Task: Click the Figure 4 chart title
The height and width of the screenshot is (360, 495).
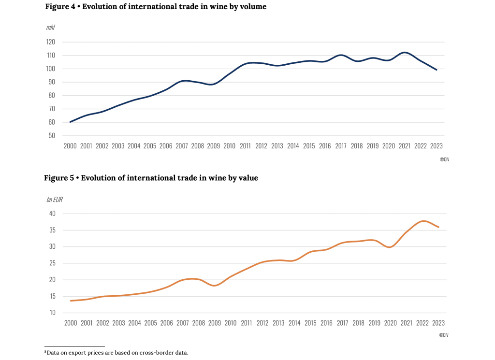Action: click(x=156, y=6)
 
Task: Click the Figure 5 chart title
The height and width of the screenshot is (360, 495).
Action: click(x=151, y=178)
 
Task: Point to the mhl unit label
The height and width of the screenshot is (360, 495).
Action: click(x=50, y=27)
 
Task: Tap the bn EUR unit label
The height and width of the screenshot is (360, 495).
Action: click(x=53, y=199)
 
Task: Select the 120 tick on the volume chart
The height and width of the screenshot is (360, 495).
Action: click(x=51, y=42)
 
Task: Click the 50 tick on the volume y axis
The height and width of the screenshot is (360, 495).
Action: click(x=52, y=136)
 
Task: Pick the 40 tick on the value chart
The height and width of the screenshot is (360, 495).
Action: click(x=52, y=214)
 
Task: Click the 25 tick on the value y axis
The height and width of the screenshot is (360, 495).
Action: click(x=52, y=263)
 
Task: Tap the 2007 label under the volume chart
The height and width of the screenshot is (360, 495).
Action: click(x=182, y=146)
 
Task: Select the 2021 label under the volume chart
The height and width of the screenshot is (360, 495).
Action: click(x=405, y=146)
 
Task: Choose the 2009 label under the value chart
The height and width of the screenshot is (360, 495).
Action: click(x=215, y=323)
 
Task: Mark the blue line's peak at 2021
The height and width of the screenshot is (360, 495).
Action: click(x=405, y=52)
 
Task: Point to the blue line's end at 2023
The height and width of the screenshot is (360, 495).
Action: click(x=437, y=70)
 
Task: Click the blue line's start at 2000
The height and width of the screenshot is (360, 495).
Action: click(x=71, y=122)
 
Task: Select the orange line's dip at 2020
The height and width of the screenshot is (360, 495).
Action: click(x=390, y=247)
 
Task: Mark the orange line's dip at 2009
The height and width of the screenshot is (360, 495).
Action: click(x=215, y=286)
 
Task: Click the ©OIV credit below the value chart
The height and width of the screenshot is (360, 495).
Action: click(x=444, y=334)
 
